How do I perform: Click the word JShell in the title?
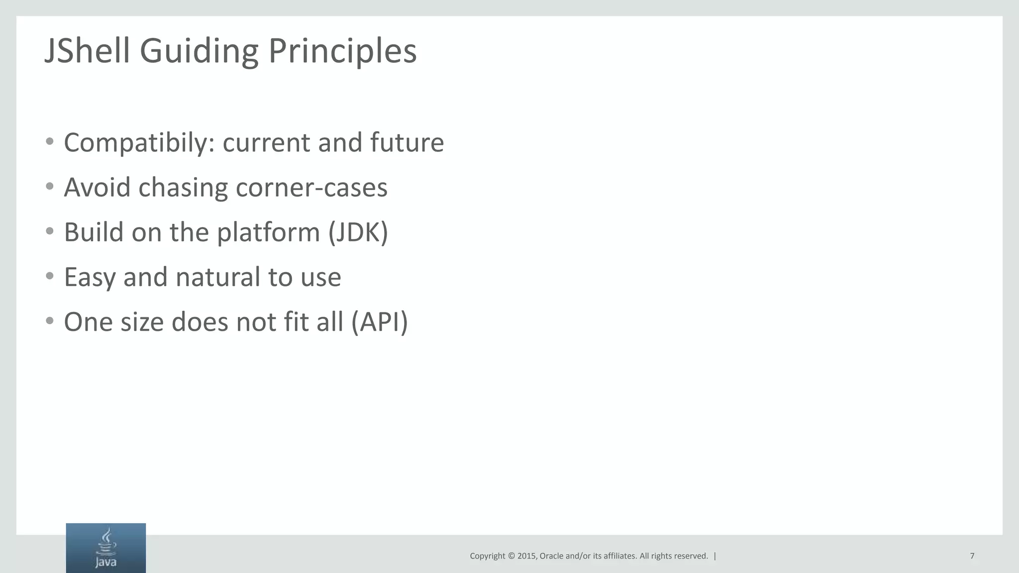pos(87,51)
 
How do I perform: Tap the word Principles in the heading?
pos(342,52)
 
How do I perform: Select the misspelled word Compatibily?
pos(139,143)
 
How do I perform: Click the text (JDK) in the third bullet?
pos(358,232)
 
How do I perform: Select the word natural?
pos(217,277)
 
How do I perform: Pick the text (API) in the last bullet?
pos(379,322)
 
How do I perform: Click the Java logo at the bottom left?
pos(105,548)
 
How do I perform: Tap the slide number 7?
pos(972,556)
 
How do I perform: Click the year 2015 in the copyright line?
pos(526,556)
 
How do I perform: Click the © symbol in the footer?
pos(510,556)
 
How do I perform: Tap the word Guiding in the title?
pos(199,52)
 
